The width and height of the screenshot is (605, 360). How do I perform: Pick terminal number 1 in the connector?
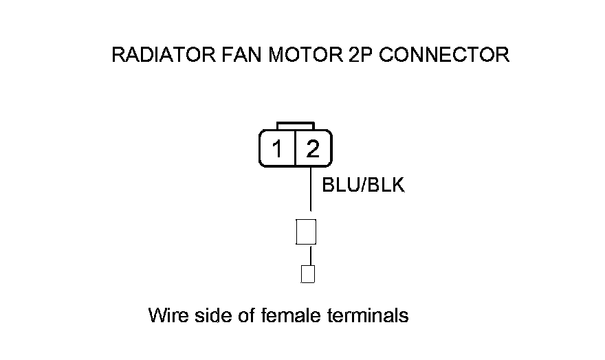coord(277,148)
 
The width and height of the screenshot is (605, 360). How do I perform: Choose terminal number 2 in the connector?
coord(313,148)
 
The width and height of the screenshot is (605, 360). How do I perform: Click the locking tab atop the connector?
coord(295,126)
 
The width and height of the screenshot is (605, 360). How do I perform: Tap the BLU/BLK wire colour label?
coord(363,185)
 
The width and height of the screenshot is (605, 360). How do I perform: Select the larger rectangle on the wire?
coord(305,232)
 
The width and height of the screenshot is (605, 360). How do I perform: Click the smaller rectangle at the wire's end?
coord(309,274)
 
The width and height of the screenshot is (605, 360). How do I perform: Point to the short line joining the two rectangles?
coord(310,255)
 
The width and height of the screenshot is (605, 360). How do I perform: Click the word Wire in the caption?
coord(165,316)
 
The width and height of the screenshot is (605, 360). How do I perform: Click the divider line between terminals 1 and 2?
coord(295,148)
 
